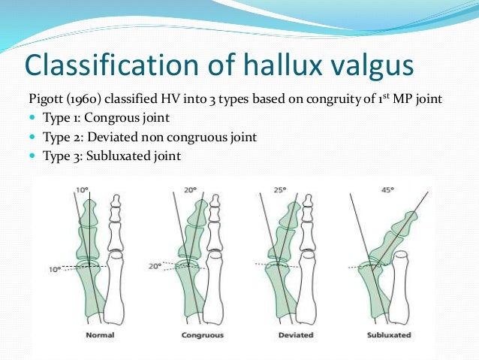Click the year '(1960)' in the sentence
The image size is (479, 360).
tap(85, 98)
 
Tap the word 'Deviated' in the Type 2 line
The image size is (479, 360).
tap(110, 138)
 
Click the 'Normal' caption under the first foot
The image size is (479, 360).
tap(100, 334)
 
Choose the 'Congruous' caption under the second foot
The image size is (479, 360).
tap(200, 334)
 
